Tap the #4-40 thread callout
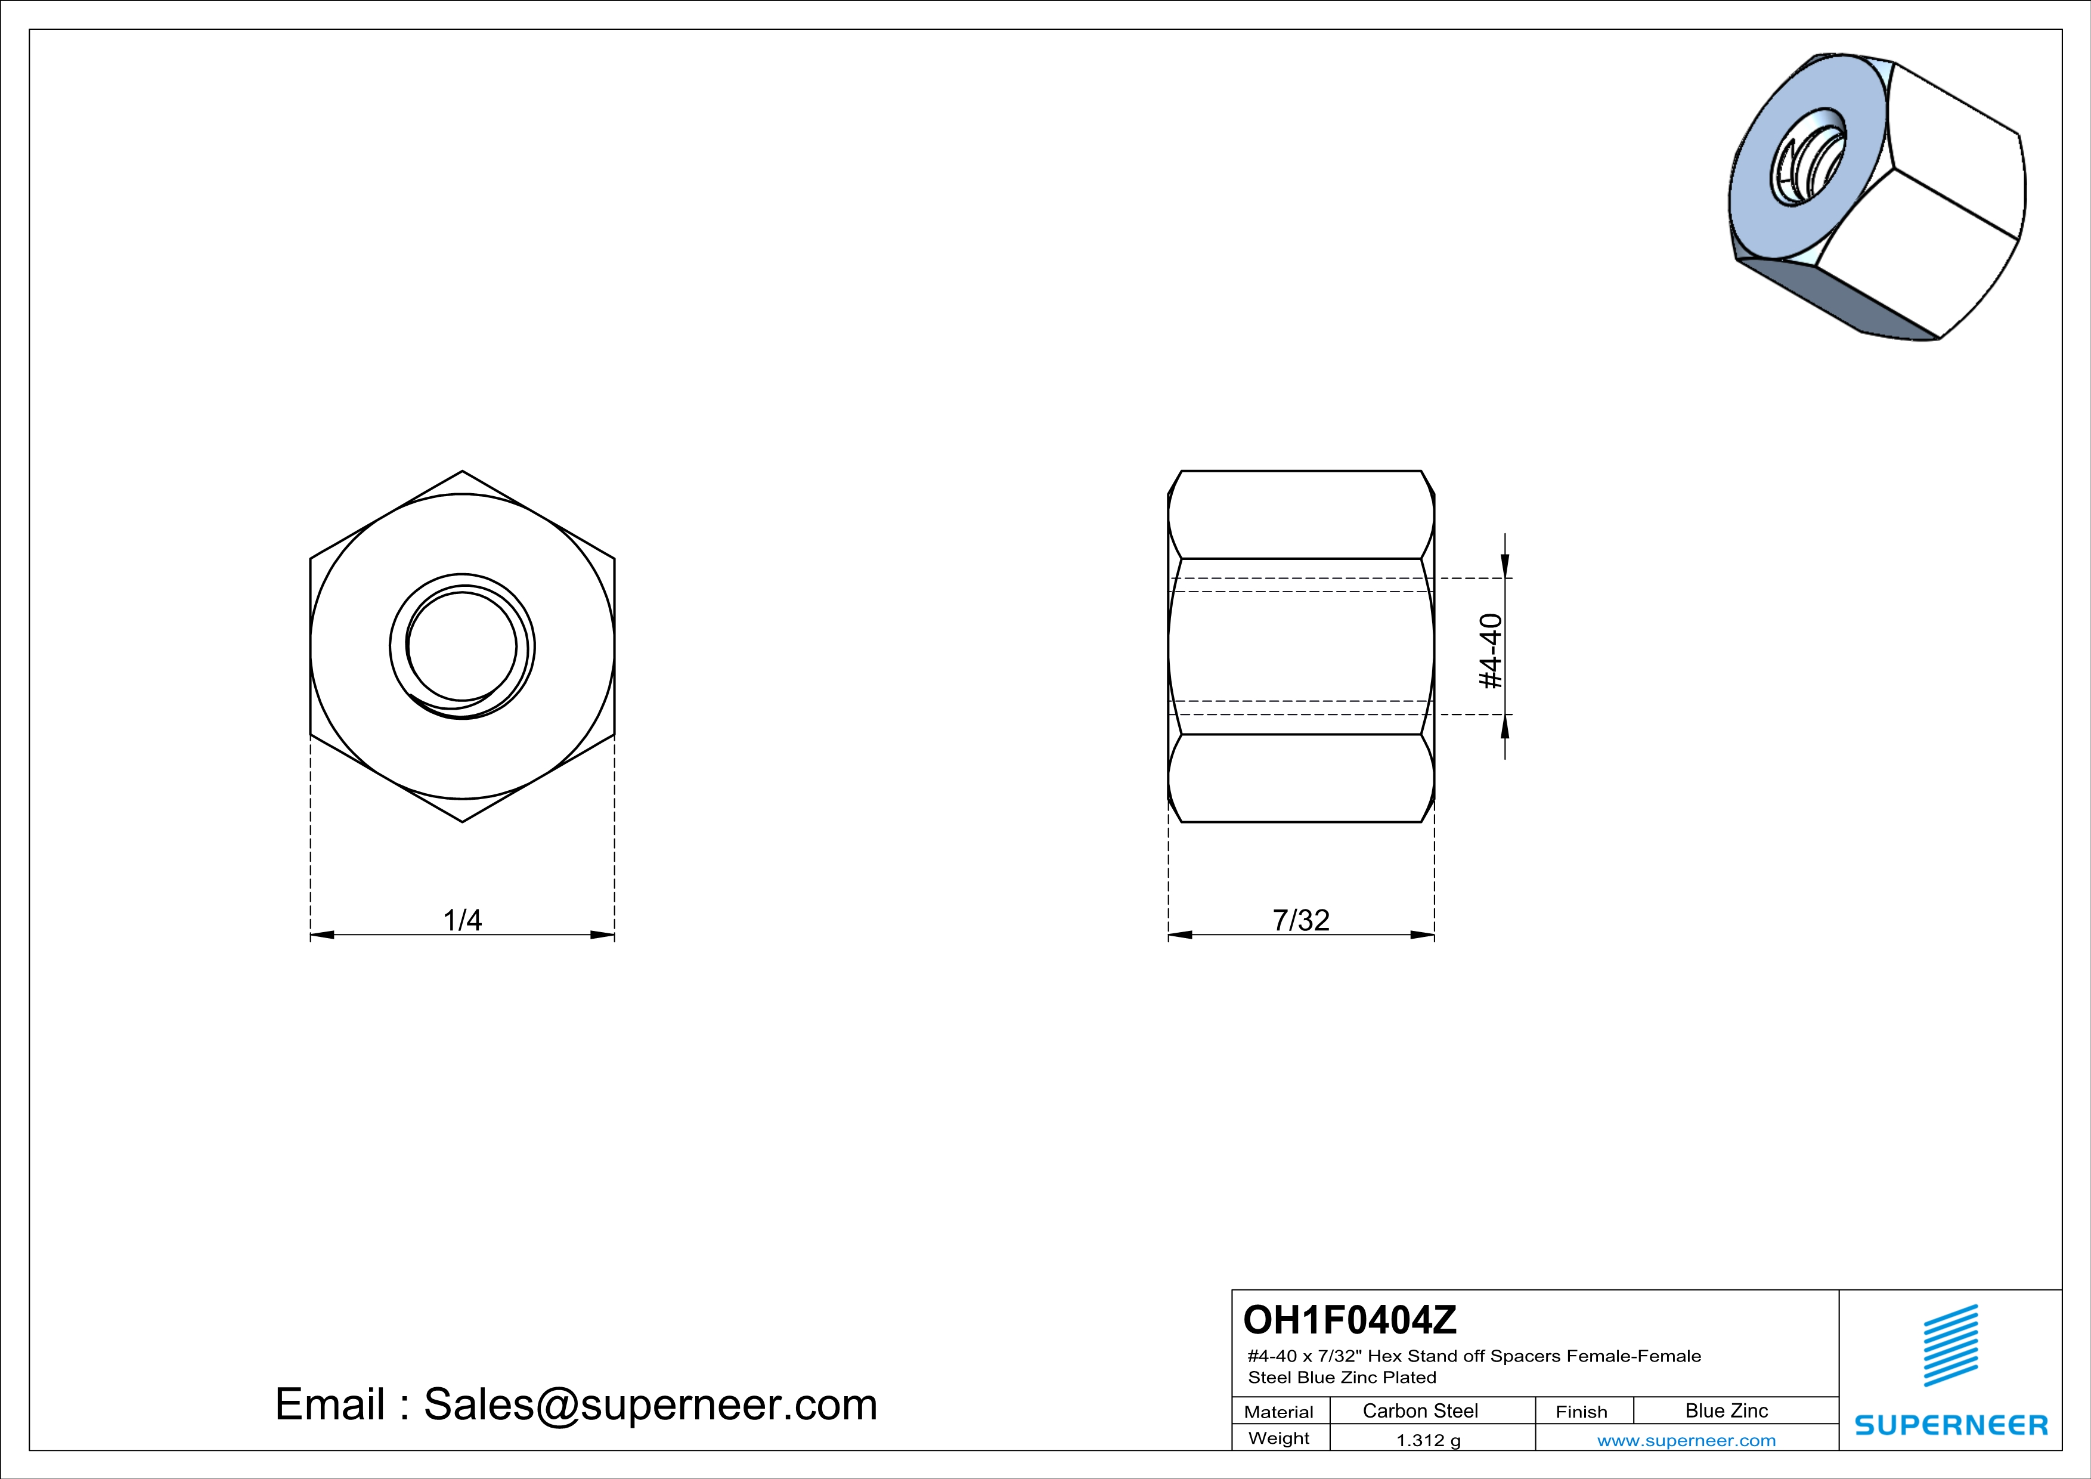tap(1491, 651)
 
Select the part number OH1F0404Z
tap(1350, 1320)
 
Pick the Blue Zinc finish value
tap(1727, 1410)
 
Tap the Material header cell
tap(1279, 1412)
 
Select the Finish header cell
tap(1582, 1412)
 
